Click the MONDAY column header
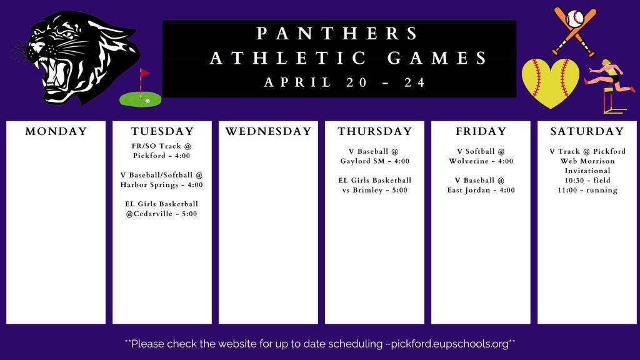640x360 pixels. point(56,131)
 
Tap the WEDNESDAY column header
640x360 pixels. point(268,131)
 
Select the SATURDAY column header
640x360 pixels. point(587,131)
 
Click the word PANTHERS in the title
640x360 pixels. point(338,34)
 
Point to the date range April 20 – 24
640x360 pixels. point(345,82)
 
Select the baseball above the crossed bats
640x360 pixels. point(574,18)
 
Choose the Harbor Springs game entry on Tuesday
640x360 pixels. point(162,180)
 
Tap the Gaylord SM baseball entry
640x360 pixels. point(374,156)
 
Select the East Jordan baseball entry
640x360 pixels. point(481,186)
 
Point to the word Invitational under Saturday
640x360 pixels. point(587,171)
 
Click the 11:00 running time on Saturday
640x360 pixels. point(587,190)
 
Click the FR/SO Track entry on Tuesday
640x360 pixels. point(162,151)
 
